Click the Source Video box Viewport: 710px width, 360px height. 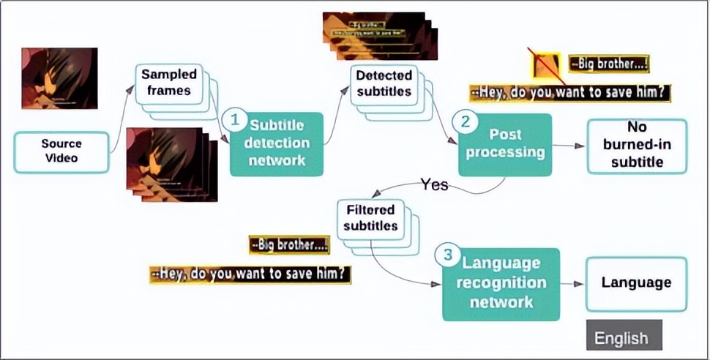(61, 152)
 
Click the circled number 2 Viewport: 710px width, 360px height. (463, 121)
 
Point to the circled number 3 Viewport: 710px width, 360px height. (446, 255)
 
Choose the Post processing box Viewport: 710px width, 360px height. (506, 145)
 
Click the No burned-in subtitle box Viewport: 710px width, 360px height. (637, 146)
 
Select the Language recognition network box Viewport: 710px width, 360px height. (501, 282)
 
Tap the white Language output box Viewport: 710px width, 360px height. (635, 283)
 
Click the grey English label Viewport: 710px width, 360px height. (621, 337)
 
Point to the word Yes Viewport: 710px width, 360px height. (434, 184)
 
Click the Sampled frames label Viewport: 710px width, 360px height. (169, 83)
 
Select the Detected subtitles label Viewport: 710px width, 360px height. (383, 83)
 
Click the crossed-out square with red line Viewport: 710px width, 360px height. (545, 65)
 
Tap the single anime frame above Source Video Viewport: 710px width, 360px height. (59, 78)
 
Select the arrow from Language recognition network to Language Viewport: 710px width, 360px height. (572, 283)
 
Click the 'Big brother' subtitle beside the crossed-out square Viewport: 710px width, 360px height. (609, 64)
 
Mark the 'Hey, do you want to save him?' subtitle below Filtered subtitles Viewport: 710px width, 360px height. (250, 274)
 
